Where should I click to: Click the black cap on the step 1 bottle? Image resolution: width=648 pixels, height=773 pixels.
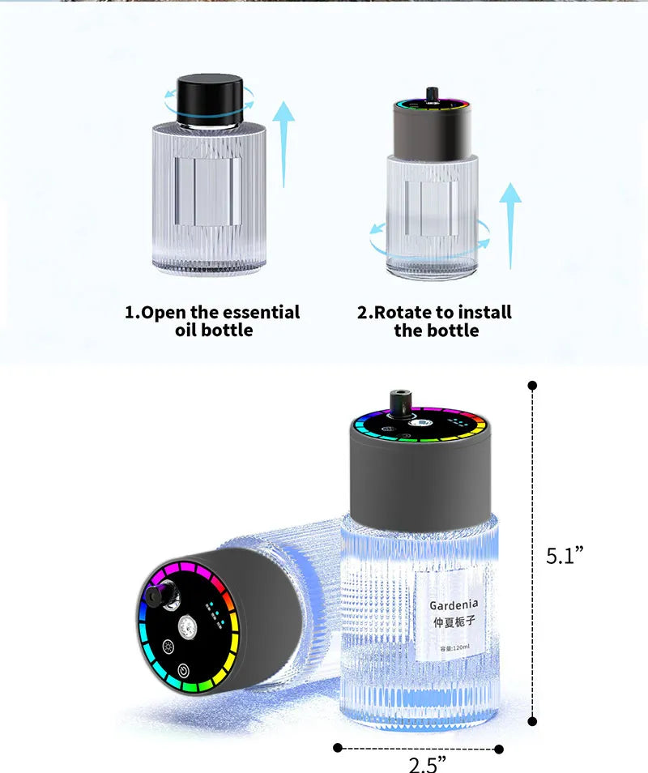tap(211, 99)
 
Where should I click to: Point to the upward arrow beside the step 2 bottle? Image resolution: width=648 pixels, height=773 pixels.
tap(510, 223)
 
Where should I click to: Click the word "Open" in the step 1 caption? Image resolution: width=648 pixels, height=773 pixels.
tap(164, 313)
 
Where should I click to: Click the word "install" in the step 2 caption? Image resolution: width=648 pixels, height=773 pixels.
tap(484, 313)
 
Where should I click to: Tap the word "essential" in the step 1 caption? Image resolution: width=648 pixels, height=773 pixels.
tap(262, 313)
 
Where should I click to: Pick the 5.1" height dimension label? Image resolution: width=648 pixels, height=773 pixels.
tap(565, 556)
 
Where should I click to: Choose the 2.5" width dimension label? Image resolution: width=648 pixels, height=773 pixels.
tap(426, 763)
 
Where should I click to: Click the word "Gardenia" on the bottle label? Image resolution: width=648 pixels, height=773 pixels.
tap(454, 604)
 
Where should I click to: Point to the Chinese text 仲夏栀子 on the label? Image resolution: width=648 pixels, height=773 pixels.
tap(454, 622)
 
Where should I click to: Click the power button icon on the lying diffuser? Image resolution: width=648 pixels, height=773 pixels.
tap(184, 672)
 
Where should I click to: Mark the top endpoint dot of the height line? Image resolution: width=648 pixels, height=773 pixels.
tap(532, 385)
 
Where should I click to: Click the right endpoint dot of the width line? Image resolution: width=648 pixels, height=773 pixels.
tap(499, 749)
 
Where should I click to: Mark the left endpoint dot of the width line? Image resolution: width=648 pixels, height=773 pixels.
tap(338, 747)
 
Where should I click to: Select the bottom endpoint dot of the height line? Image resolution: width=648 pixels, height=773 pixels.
tap(532, 720)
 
